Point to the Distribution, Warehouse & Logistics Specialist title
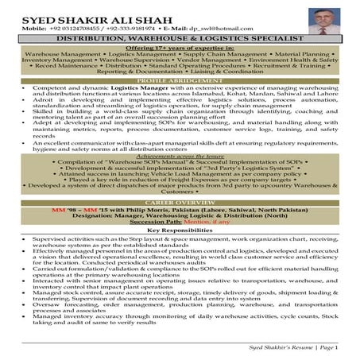(x=180, y=37)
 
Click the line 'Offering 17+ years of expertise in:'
(x=180, y=48)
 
